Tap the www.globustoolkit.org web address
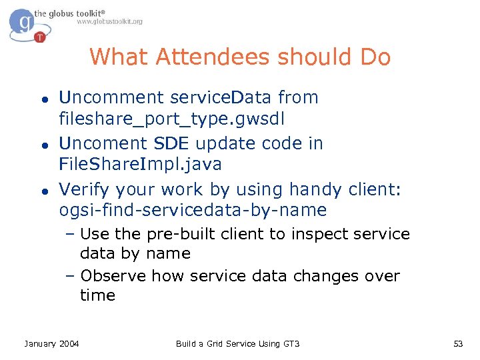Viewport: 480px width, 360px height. tap(109, 22)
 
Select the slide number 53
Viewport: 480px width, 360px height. tap(457, 343)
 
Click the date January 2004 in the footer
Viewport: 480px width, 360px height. tap(51, 343)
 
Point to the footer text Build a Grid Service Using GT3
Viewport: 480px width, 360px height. tap(237, 343)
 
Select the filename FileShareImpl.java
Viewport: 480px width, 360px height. tap(141, 163)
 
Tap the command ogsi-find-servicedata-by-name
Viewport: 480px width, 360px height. tap(193, 210)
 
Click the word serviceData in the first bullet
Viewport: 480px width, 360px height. tap(221, 97)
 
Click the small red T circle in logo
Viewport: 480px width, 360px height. tap(40, 37)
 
